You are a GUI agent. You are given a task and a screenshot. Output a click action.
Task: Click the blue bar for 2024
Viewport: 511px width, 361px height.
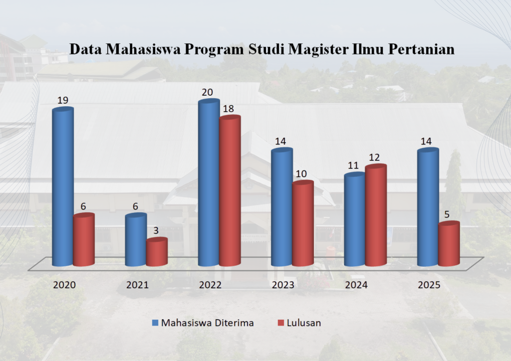pyautogui.click(x=354, y=219)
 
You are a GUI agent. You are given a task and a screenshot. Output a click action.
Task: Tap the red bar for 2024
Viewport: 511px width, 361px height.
pyautogui.click(x=376, y=215)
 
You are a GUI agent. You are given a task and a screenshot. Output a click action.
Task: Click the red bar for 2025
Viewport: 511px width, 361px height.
pyautogui.click(x=449, y=244)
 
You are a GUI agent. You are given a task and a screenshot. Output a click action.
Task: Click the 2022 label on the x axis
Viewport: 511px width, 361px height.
pyautogui.click(x=210, y=285)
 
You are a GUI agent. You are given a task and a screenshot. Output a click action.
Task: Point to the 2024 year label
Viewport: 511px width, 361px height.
pyautogui.click(x=356, y=285)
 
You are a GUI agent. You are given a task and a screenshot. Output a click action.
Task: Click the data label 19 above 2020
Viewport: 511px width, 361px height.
pyautogui.click(x=63, y=100)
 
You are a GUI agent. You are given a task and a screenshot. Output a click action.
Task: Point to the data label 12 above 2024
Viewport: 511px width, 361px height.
pyautogui.click(x=374, y=158)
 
